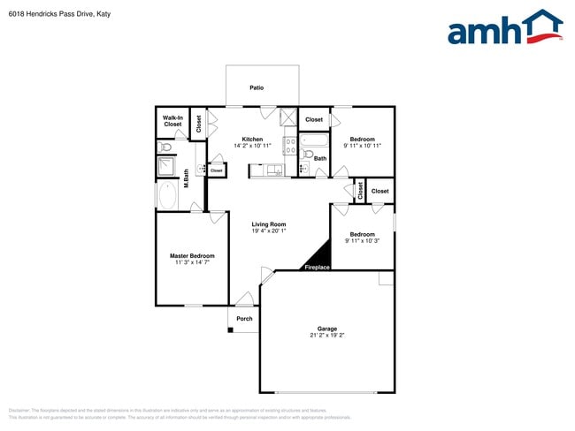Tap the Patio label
257,87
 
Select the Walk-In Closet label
172,121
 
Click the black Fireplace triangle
319,257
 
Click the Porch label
244,318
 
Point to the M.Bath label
187,178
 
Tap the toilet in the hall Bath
306,155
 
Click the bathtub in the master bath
167,196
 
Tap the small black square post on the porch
231,330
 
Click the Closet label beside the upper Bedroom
314,119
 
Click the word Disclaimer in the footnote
19,411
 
